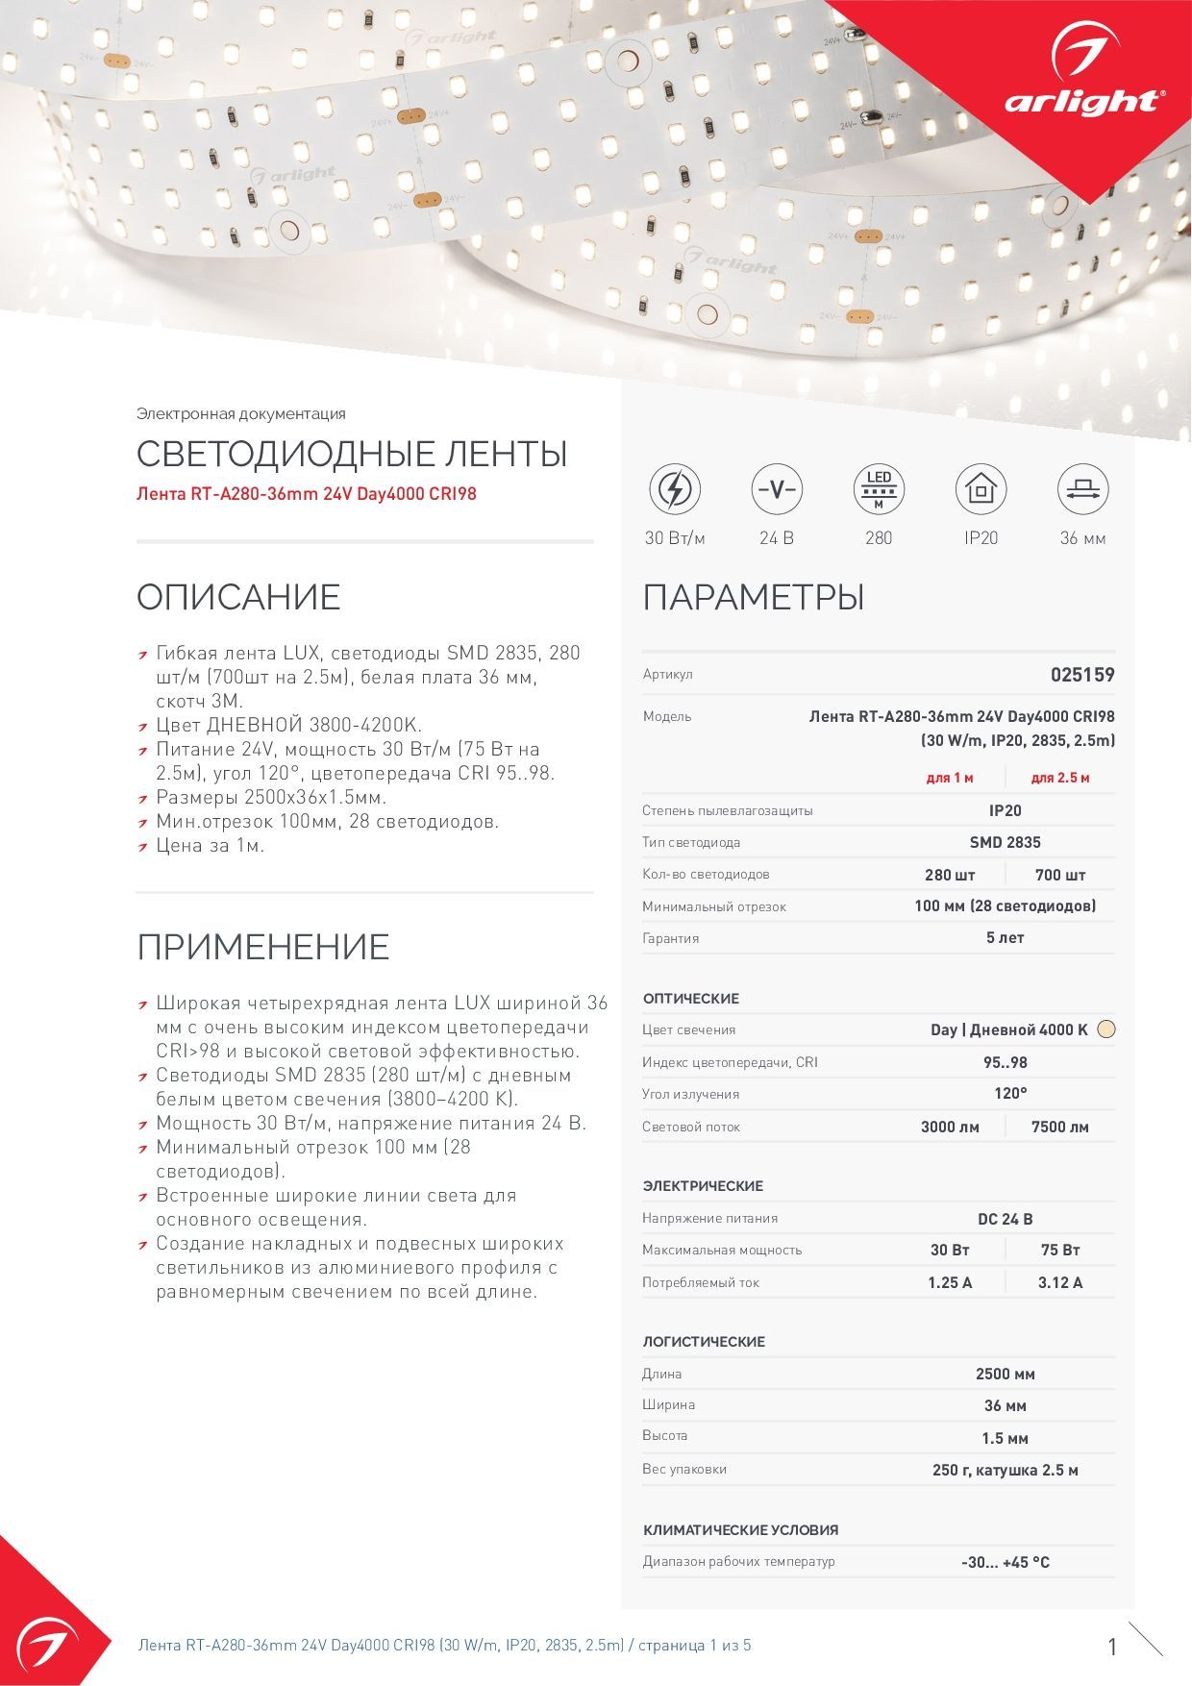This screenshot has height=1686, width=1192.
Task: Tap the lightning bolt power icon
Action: click(675, 489)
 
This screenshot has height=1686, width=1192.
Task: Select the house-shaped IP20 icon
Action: click(981, 489)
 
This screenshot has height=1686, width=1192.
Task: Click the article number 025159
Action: click(1082, 675)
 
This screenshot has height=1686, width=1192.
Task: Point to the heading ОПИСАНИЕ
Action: click(238, 597)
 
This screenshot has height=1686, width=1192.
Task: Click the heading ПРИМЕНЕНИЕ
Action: click(262, 947)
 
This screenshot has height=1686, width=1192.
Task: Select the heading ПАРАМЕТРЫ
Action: click(754, 597)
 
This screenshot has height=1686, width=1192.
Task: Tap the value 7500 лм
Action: click(1059, 1127)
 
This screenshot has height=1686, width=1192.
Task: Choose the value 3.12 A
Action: click(1059, 1282)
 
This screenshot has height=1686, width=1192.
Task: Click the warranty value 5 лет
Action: click(1005, 937)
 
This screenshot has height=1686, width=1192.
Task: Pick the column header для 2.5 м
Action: click(1059, 778)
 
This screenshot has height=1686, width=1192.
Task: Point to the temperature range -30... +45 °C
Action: click(1005, 1562)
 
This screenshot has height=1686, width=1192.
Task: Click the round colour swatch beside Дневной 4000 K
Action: click(1106, 1029)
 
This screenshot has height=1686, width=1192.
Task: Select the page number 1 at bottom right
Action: click(1112, 1647)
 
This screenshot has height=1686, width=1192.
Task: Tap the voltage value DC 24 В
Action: click(1005, 1219)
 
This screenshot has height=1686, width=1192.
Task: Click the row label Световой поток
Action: click(691, 1127)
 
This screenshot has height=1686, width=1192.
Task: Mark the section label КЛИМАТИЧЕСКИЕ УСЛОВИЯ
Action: click(740, 1529)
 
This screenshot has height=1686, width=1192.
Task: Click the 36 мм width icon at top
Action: click(1082, 489)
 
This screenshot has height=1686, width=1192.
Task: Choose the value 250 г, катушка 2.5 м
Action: click(1005, 1470)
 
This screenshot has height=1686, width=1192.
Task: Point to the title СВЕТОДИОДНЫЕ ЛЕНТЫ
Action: click(352, 454)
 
